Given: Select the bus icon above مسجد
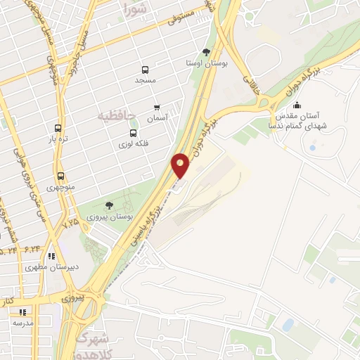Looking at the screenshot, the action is tap(146, 70).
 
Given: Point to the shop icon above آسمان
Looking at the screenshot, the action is tap(157, 108).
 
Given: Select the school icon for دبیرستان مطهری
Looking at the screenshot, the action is tap(51, 256).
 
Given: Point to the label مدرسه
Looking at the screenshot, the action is tap(22, 323).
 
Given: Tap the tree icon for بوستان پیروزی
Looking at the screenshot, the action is tap(108, 205).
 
